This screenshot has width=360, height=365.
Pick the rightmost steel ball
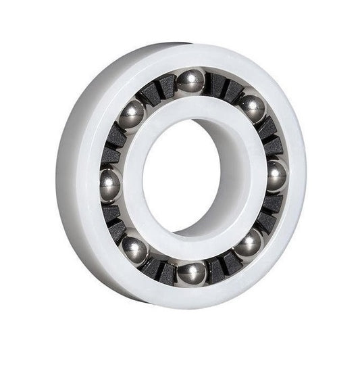tap(276, 174)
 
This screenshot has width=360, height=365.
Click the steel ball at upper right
tap(251, 106)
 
